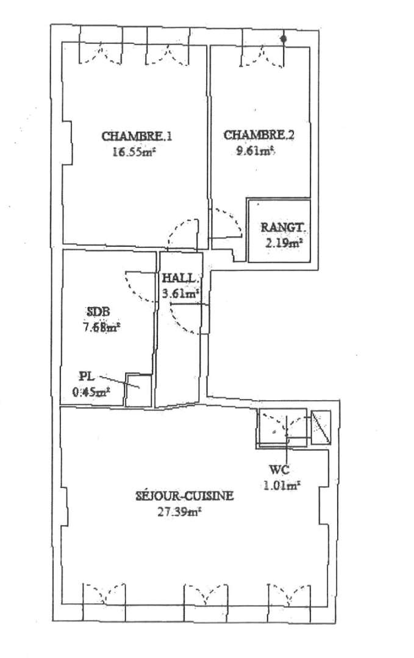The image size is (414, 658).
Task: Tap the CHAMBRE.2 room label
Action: pos(259,135)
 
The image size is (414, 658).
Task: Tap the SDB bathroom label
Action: pos(101,313)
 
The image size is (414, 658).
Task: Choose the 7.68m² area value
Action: pos(101,327)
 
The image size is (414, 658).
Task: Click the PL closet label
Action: pos(85,376)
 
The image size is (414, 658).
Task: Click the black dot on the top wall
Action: pos(284,39)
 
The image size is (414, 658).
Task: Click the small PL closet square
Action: pos(138,390)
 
